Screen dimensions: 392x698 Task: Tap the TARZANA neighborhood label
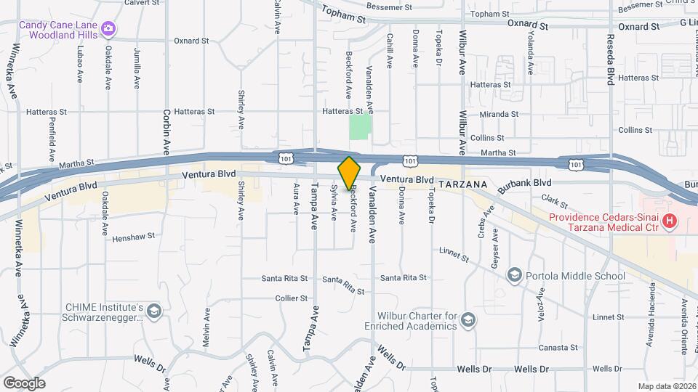click(466, 184)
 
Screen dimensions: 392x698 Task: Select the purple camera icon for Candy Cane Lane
click(108, 28)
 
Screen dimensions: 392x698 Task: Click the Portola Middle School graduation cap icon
click(515, 275)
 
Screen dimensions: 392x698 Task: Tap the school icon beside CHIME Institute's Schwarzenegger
click(153, 311)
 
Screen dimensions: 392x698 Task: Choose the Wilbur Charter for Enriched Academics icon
click(468, 320)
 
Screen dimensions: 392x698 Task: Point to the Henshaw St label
click(134, 236)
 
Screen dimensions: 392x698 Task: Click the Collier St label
click(292, 298)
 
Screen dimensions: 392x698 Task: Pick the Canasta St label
click(558, 348)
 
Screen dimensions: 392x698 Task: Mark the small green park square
click(359, 127)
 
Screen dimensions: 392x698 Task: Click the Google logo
click(24, 383)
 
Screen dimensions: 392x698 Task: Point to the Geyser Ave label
click(494, 249)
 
